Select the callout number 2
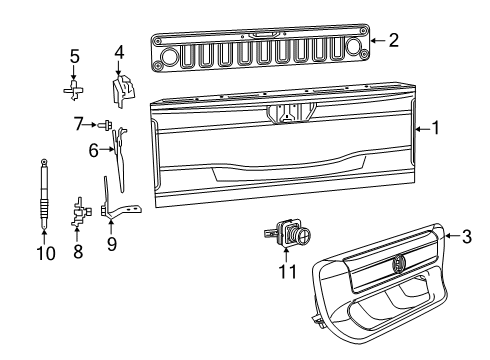click(x=393, y=41)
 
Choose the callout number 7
click(x=77, y=125)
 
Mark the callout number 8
click(x=76, y=254)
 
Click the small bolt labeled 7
click(x=103, y=125)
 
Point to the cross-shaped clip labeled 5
click(x=74, y=88)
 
